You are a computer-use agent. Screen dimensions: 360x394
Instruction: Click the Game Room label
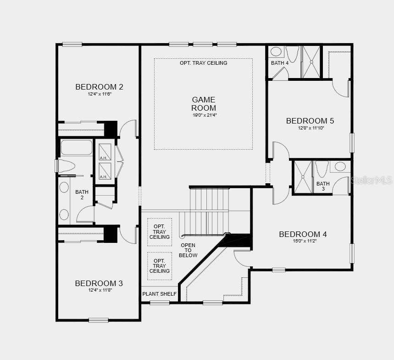point(204,104)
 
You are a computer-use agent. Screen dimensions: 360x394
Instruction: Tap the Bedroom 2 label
point(99,87)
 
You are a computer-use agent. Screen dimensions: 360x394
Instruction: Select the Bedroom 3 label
point(99,283)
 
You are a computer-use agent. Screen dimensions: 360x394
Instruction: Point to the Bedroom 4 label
point(303,234)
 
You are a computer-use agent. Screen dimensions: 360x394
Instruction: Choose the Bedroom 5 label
point(310,121)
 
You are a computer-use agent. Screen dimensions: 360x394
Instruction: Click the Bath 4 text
point(280,63)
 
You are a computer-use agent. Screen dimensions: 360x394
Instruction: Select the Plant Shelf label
point(159,294)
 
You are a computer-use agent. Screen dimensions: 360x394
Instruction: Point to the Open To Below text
point(189,250)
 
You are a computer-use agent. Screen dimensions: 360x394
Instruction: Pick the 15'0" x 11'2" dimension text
point(303,241)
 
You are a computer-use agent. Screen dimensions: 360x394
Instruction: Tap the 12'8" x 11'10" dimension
point(310,128)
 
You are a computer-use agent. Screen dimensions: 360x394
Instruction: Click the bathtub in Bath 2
point(77,148)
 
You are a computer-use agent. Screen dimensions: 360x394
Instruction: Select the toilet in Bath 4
point(292,54)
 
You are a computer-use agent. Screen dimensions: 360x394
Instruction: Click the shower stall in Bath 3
point(303,176)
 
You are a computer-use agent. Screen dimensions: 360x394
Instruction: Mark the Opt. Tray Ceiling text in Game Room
point(203,63)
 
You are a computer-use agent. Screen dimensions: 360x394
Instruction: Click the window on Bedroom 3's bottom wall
point(99,320)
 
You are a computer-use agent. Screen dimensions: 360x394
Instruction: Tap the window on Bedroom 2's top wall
point(72,45)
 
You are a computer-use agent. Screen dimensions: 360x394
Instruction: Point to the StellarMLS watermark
point(372,180)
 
